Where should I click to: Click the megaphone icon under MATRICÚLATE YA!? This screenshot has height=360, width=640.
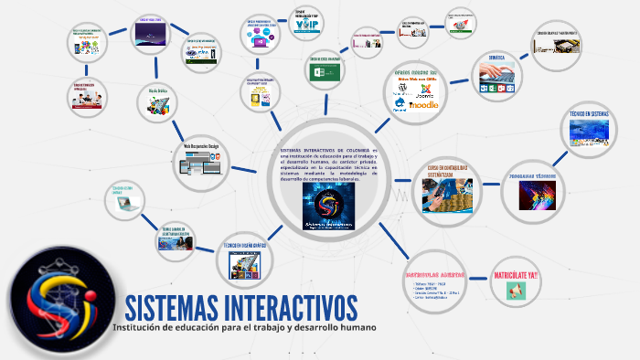point(515,291)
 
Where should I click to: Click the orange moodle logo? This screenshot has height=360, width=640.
point(423,105)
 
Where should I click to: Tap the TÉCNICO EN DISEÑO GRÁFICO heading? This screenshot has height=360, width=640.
point(246,246)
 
